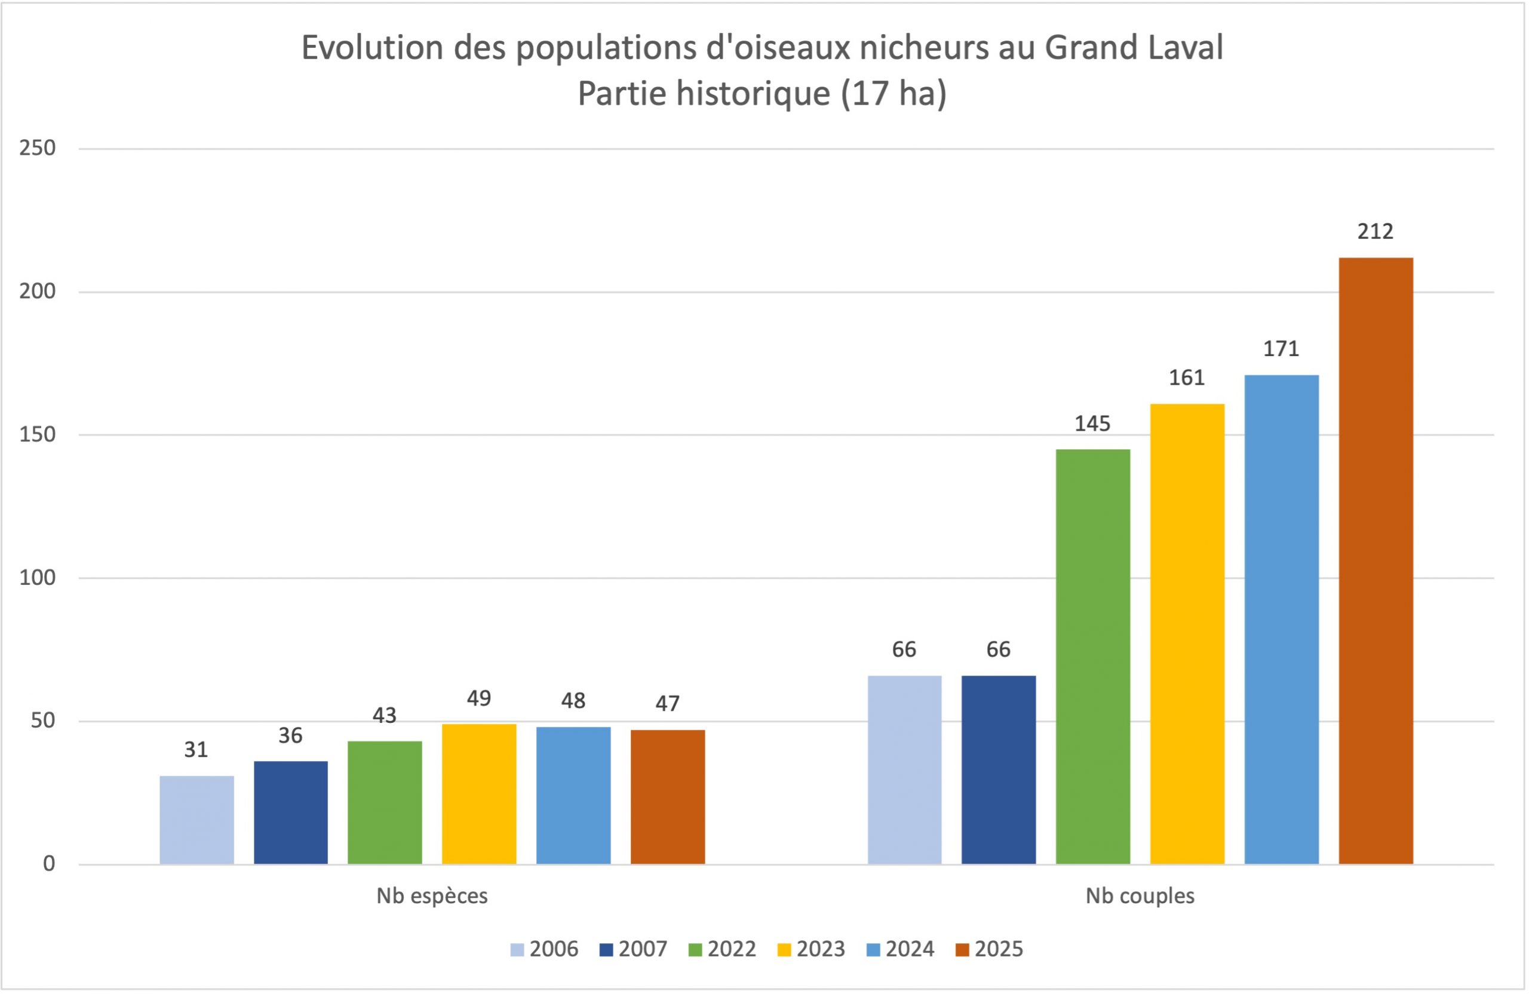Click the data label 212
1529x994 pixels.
pos(1375,231)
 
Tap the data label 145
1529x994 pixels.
pos(1092,424)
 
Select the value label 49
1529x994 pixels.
pos(478,698)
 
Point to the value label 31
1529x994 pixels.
pos(196,750)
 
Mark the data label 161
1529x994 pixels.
pos(1187,378)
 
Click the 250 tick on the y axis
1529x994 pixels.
pos(37,148)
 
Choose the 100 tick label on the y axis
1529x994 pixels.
pos(37,578)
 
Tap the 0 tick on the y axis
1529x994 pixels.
pos(49,864)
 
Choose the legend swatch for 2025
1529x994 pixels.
pos(962,950)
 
